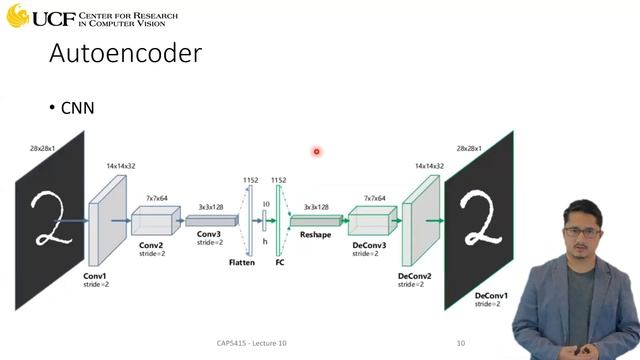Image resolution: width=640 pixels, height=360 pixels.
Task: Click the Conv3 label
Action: (209, 232)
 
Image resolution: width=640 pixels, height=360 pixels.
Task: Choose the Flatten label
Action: (241, 262)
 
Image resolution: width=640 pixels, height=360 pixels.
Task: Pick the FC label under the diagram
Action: (280, 262)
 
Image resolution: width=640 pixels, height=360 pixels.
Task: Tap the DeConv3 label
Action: (369, 245)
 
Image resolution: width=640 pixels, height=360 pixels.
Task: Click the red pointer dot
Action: (316, 152)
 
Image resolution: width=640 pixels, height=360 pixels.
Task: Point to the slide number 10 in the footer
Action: (461, 344)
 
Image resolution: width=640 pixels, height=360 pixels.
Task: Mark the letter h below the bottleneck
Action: (265, 240)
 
